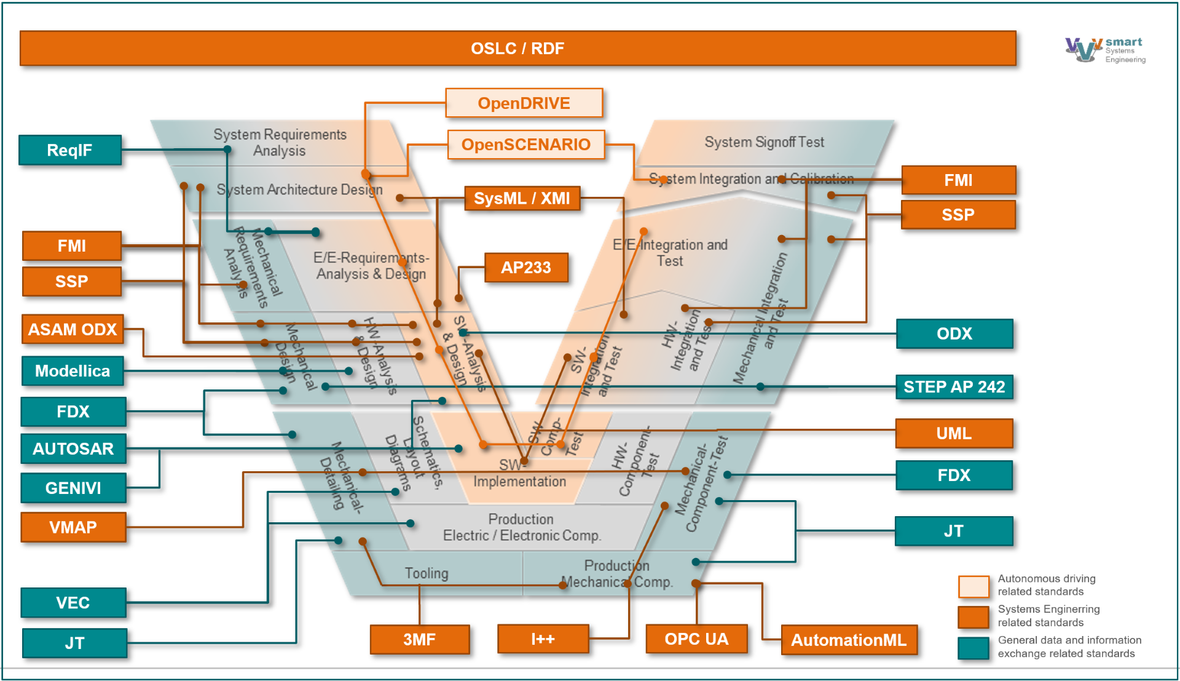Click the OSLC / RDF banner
tap(517, 48)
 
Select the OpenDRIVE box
tap(524, 103)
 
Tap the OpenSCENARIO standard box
tap(525, 145)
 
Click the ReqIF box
tap(70, 150)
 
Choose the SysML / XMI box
tap(522, 198)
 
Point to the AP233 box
tap(525, 268)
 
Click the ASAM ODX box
tap(73, 329)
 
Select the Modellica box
tap(73, 371)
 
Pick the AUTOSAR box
tap(73, 448)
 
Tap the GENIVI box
tap(73, 488)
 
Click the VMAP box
tap(73, 527)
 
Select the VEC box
tap(73, 602)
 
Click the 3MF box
tap(420, 639)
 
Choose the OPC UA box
tap(696, 639)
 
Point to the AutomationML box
tap(849, 640)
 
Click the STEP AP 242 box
tap(954, 387)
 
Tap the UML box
tap(954, 433)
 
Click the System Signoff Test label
tap(764, 142)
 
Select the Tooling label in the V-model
tap(427, 573)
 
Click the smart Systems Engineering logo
tap(1105, 50)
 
